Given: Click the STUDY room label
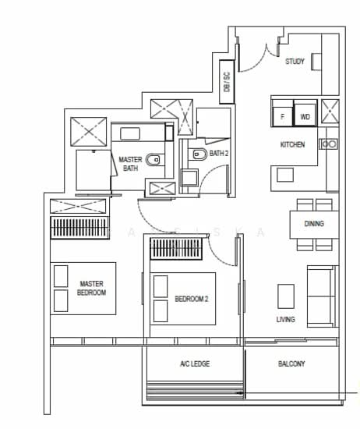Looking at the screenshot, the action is coord(295,62).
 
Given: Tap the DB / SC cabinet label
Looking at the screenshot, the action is coord(227,82).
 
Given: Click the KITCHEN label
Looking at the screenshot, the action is coord(292,144).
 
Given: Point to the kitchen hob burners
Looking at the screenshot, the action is coord(328,144).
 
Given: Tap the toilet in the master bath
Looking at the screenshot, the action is coord(153,160).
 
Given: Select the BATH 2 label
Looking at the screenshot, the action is coord(219,154).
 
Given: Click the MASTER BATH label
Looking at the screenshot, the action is coord(130,164).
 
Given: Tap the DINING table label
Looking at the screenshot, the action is coord(314,224).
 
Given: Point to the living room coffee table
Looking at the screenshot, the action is coord(286,296).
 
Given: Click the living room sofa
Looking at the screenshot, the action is coord(322,296).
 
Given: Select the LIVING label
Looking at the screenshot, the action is coord(286,319).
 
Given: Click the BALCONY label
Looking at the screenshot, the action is coord(291,364).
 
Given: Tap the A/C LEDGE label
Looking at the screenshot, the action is coord(195,364).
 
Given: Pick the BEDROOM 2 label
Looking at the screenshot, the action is coord(192,299).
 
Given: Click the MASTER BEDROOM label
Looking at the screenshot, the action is coord(92,288).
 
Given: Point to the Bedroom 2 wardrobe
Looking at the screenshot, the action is coord(176,249).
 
